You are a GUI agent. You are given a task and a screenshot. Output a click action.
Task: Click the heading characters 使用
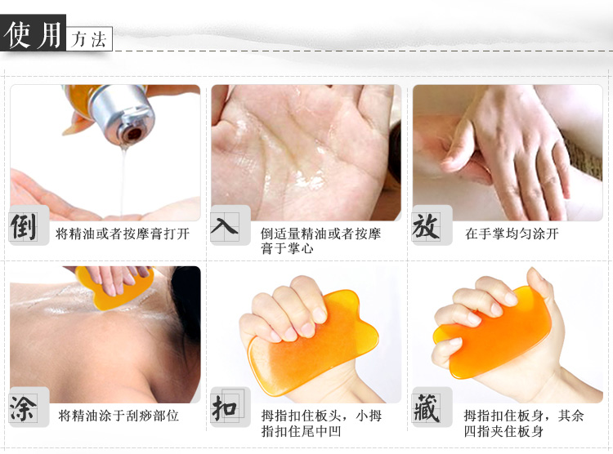click(x=33, y=34)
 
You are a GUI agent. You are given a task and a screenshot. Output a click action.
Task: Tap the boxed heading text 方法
click(x=89, y=39)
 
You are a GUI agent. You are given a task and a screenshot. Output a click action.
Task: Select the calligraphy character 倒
click(x=23, y=227)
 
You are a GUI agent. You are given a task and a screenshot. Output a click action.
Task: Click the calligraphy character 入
click(x=224, y=225)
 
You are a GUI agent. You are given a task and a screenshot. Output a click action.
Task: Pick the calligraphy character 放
click(x=426, y=226)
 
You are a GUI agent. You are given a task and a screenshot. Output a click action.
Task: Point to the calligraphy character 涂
click(x=23, y=408)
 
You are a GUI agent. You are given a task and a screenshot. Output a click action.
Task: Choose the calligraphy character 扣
click(x=225, y=407)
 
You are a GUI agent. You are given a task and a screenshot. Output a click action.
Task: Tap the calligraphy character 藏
click(x=426, y=408)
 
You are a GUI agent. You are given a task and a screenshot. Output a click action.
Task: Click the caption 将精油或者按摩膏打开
click(x=123, y=234)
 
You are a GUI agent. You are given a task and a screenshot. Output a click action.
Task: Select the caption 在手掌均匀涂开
click(x=512, y=234)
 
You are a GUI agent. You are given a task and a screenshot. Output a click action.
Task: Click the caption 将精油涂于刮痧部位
click(x=119, y=416)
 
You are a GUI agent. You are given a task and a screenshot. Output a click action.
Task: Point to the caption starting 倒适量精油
click(x=320, y=241)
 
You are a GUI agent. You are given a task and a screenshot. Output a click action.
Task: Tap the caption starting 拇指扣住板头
click(x=321, y=423)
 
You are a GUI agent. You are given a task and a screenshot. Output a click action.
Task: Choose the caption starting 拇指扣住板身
click(x=523, y=423)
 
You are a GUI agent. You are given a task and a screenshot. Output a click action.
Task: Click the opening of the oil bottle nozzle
click(x=133, y=135)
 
